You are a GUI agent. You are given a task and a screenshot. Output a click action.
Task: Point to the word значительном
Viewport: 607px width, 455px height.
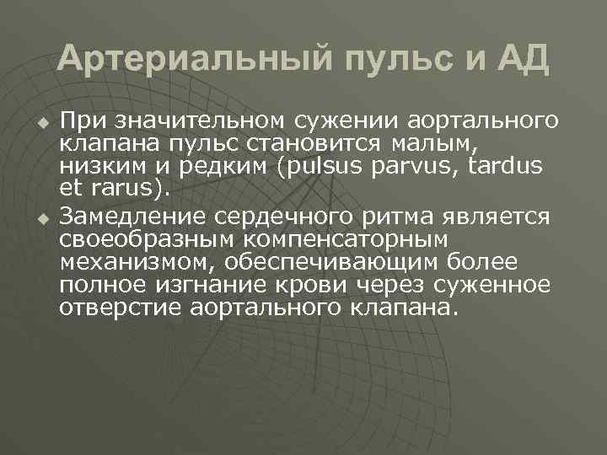coord(182,121)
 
